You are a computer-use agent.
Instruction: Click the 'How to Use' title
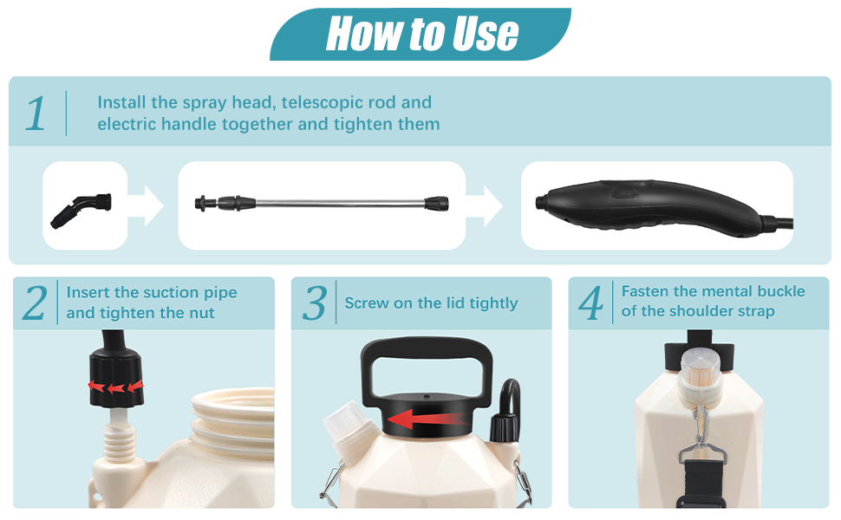pyautogui.click(x=422, y=33)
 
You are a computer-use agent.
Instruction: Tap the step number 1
pyautogui.click(x=36, y=114)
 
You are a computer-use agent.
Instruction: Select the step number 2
pyautogui.click(x=35, y=302)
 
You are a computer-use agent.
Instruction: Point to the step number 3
pyautogui.click(x=315, y=302)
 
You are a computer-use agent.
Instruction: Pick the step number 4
pyautogui.click(x=590, y=302)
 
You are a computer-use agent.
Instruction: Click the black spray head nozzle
pyautogui.click(x=81, y=210)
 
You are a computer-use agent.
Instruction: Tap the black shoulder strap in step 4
pyautogui.click(x=700, y=484)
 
